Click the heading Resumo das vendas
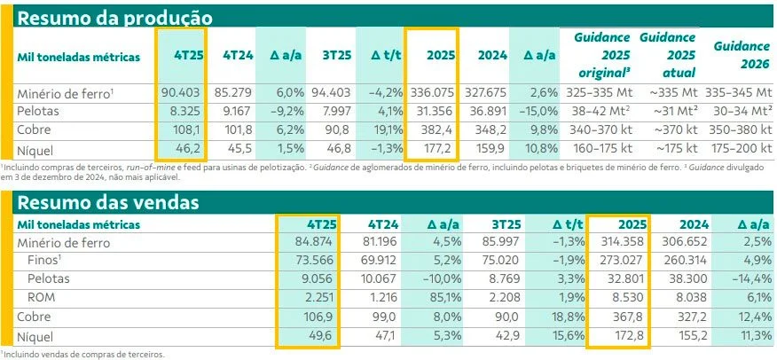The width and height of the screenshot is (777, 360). pyautogui.click(x=107, y=202)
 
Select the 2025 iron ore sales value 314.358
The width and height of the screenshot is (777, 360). pyautogui.click(x=621, y=240)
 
